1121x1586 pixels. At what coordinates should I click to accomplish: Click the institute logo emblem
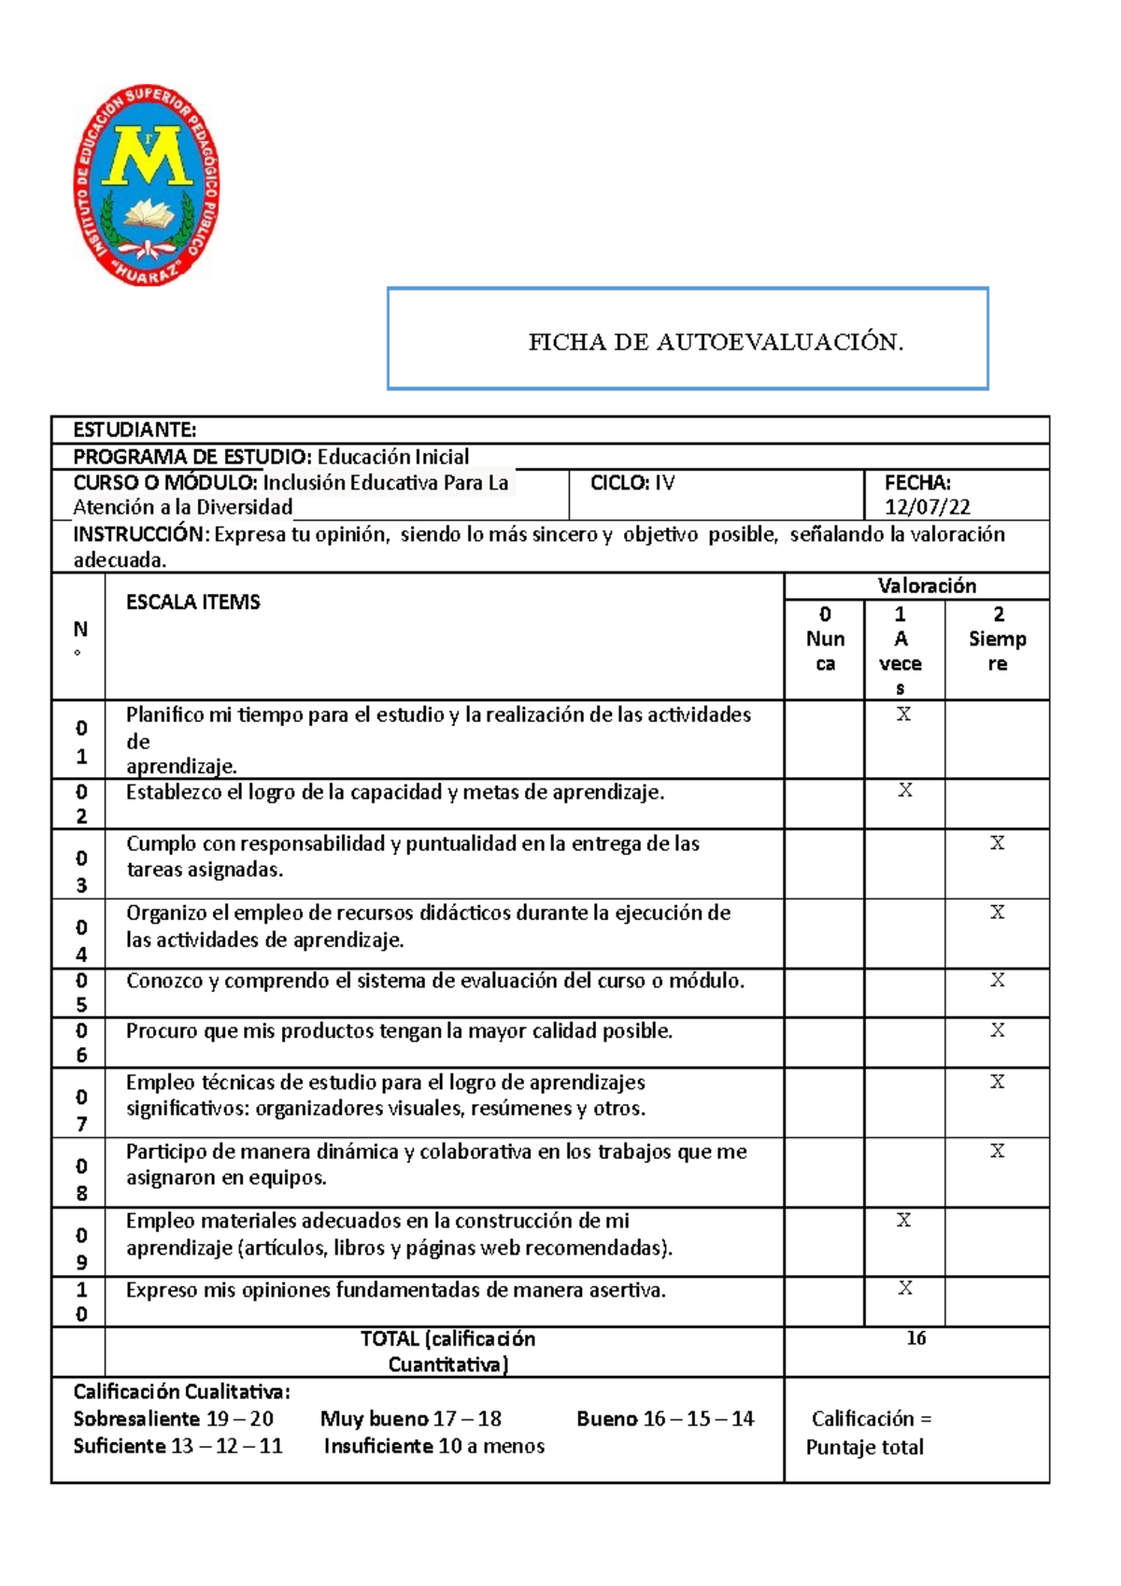[x=147, y=185]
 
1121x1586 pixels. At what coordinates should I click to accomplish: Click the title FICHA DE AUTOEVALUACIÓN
[x=716, y=342]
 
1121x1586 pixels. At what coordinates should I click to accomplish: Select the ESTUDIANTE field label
[x=135, y=430]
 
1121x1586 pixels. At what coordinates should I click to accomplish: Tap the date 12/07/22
[x=927, y=507]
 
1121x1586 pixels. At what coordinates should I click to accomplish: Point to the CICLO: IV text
[x=632, y=483]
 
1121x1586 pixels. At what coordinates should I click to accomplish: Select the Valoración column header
[x=926, y=586]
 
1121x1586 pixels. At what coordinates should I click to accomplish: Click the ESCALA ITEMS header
[x=192, y=602]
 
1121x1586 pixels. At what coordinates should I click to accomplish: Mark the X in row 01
[x=903, y=715]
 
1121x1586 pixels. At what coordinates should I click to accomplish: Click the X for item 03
[x=997, y=843]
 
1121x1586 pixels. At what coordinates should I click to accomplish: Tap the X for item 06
[x=997, y=1030]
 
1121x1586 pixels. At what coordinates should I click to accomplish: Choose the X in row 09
[x=903, y=1220]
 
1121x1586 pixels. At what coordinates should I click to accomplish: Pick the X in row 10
[x=904, y=1289]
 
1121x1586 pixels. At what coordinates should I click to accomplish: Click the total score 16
[x=915, y=1338]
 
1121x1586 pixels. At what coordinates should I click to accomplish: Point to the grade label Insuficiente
[x=378, y=1446]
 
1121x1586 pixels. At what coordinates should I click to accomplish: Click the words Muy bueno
[x=374, y=1419]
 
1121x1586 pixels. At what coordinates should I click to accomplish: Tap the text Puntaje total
[x=864, y=1448]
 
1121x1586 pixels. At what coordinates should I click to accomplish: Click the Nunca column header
[x=825, y=640]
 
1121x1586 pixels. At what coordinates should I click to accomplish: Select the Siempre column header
[x=997, y=640]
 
